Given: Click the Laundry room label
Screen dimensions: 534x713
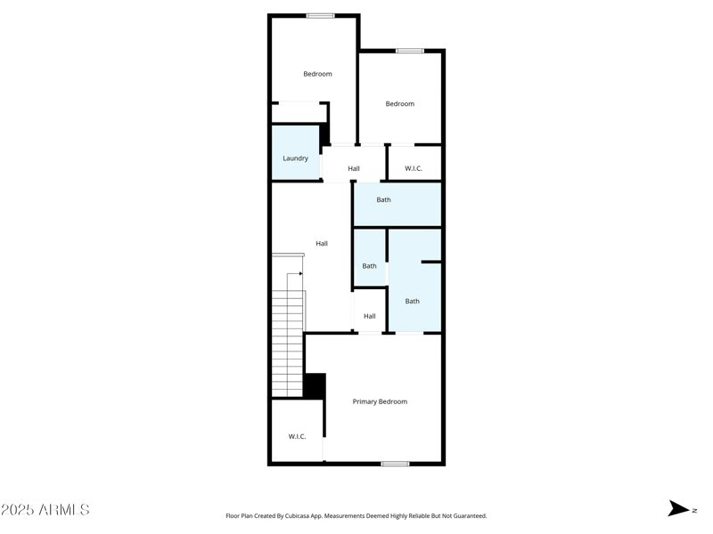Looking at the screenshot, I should tap(295, 158).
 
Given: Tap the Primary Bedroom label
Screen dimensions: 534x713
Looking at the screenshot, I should tap(380, 401).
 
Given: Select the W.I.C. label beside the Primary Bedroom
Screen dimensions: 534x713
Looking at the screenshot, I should tap(297, 436).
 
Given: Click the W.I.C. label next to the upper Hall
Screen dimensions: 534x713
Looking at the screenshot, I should tap(414, 168).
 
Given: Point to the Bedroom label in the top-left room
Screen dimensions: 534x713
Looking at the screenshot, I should tap(317, 74).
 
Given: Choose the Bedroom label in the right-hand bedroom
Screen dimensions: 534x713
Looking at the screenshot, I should tap(399, 104).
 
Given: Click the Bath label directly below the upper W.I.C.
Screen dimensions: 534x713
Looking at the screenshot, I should tap(383, 199).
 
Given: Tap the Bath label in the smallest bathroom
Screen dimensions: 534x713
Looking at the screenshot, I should tap(369, 265).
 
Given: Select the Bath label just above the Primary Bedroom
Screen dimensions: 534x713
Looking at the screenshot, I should tap(412, 301).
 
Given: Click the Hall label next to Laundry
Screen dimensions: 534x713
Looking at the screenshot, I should tap(354, 168).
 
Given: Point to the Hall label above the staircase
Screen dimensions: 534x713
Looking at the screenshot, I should tap(322, 243).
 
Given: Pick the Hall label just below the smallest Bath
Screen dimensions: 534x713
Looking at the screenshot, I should tap(369, 316).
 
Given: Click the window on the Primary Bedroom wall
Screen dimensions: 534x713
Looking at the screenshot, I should tap(395, 463).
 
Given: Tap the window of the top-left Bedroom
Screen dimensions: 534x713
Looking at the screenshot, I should tap(320, 15).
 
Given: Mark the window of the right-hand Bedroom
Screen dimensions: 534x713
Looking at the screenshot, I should tap(409, 51).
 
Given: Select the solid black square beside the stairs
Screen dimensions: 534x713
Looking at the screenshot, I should tap(315, 385).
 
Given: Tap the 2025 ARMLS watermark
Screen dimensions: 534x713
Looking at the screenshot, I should tap(45, 510).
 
